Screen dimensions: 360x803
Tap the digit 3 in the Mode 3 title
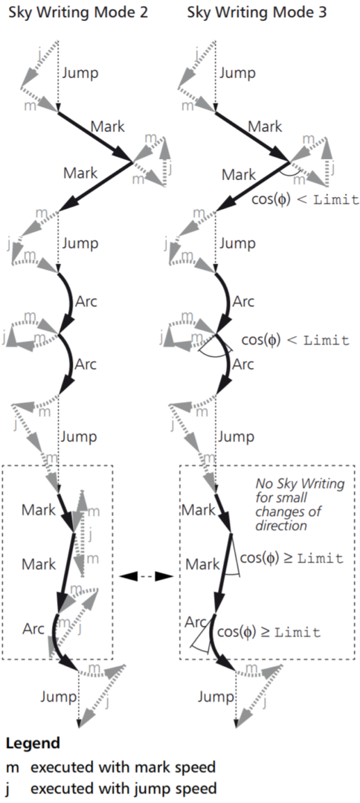pos(321,12)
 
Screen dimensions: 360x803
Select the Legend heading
pos(33,743)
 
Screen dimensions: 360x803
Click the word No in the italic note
pos(263,483)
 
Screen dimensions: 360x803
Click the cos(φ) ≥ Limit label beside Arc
pos(269,632)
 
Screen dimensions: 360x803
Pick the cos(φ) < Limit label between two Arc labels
pos(295,340)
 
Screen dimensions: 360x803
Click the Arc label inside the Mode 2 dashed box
pos(33,628)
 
